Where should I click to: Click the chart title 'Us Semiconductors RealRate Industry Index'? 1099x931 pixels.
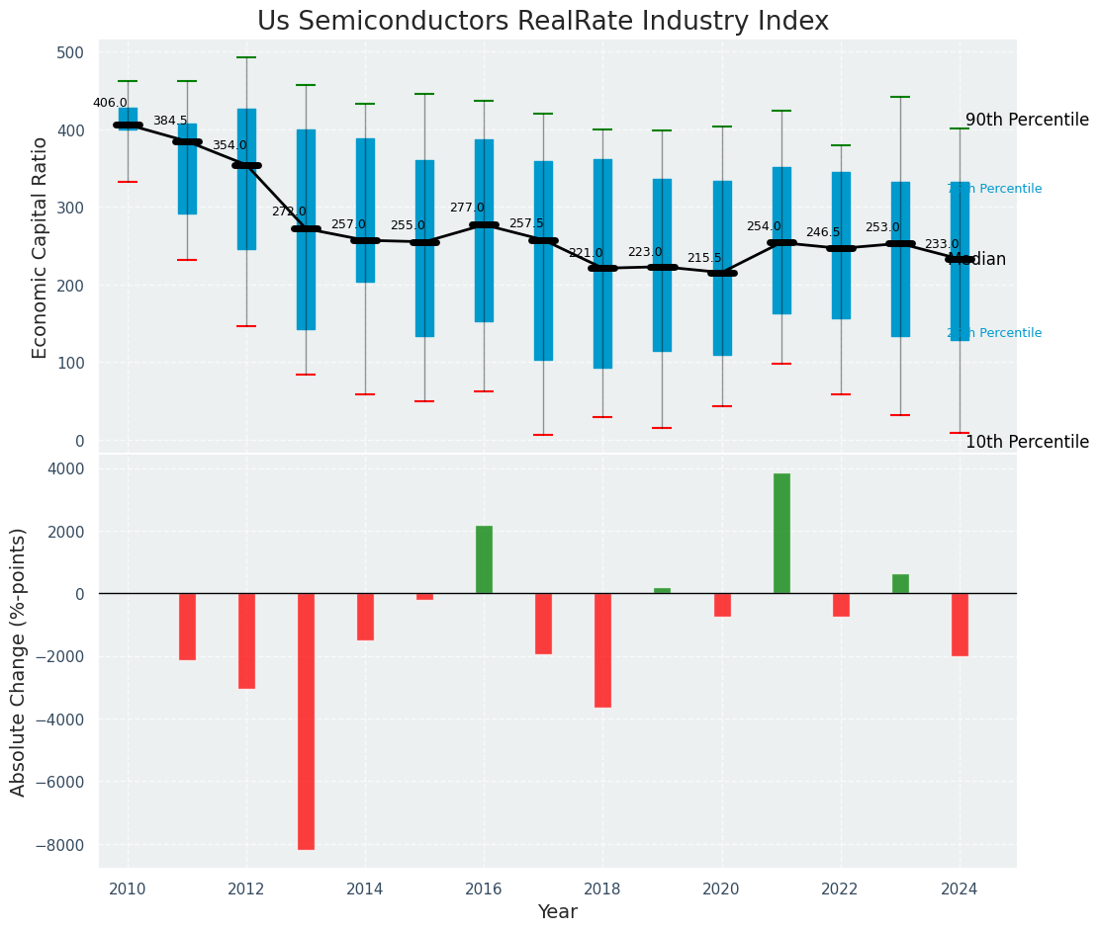(x=542, y=22)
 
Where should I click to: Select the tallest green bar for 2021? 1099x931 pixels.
(x=781, y=534)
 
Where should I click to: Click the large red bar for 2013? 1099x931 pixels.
(x=306, y=721)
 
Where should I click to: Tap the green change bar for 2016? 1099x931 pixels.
(x=484, y=559)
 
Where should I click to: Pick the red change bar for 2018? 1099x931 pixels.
(x=602, y=650)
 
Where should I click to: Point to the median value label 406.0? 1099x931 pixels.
(x=110, y=103)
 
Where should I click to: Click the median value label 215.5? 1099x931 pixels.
(x=704, y=258)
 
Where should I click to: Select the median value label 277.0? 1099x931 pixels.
(x=467, y=208)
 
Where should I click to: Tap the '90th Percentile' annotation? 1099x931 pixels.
(x=1027, y=120)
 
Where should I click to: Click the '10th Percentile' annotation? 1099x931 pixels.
(x=1027, y=442)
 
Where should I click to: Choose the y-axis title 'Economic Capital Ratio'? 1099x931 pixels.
(x=41, y=247)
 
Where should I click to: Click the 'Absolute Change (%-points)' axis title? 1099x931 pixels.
(x=19, y=661)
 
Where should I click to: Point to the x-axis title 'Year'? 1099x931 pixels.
(x=557, y=912)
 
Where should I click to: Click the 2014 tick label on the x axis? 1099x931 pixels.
(x=365, y=889)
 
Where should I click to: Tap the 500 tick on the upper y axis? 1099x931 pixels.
(x=77, y=52)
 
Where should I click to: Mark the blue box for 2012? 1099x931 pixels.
(x=246, y=179)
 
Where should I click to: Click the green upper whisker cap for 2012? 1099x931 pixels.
(x=246, y=57)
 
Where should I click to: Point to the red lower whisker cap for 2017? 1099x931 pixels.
(x=543, y=435)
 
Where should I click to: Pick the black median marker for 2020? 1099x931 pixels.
(x=722, y=273)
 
